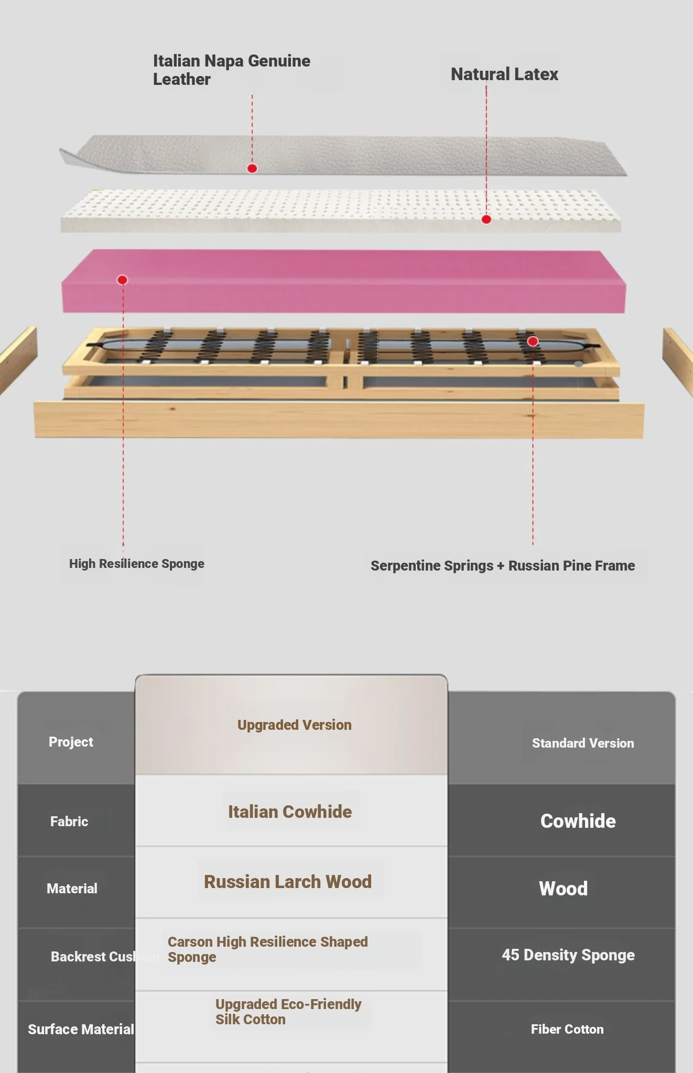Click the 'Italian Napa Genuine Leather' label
tap(231, 70)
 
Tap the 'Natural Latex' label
tap(504, 74)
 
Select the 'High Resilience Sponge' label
tap(136, 564)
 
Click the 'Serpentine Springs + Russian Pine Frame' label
tap(502, 566)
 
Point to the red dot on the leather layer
tap(252, 168)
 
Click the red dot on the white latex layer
tap(486, 220)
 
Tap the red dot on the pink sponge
tap(122, 280)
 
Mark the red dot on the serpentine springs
tap(533, 342)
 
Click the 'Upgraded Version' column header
tap(294, 725)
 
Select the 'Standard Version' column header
tap(583, 743)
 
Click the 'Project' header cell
tap(71, 742)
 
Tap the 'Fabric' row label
tap(69, 821)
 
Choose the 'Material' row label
tap(72, 889)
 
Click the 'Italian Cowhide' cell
tap(290, 812)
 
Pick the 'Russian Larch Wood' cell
tap(288, 882)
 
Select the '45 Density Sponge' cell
tap(568, 955)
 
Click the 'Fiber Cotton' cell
tap(567, 1030)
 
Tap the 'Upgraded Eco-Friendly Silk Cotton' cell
tap(288, 1012)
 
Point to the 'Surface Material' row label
tap(81, 1030)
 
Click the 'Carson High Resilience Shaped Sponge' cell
tap(267, 949)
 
